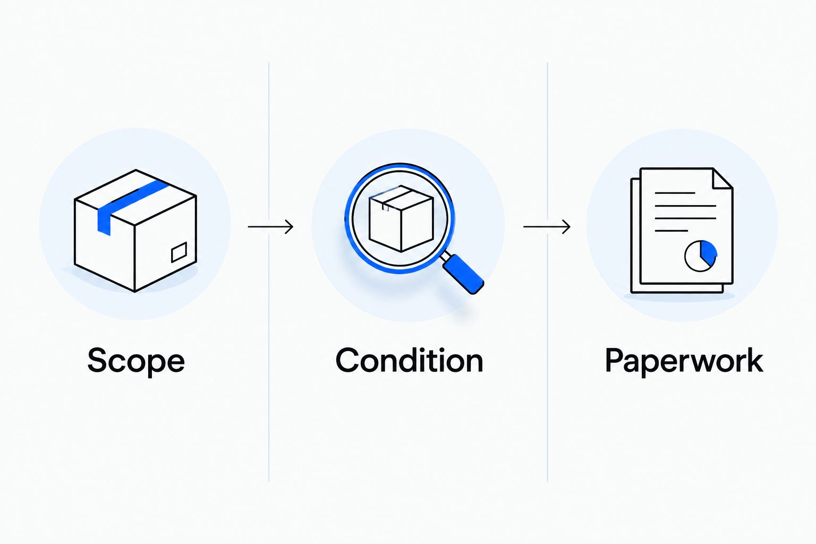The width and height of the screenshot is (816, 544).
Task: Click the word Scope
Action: tap(136, 361)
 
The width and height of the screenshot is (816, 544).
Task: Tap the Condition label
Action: tap(409, 360)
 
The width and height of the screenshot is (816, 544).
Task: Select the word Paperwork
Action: tap(684, 361)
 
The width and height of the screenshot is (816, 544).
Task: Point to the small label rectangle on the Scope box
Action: tap(179, 252)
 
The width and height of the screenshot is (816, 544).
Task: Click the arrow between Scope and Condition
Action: tap(270, 227)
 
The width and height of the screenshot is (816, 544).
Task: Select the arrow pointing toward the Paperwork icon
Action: tap(547, 227)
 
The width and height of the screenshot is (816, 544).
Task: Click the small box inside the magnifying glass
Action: tap(401, 218)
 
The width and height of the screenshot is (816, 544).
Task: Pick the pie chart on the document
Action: tap(701, 256)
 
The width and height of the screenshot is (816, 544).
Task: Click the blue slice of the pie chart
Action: tap(709, 251)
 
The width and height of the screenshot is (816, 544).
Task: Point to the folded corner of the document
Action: tap(722, 178)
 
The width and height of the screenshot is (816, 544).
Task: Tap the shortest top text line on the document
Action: tap(675, 193)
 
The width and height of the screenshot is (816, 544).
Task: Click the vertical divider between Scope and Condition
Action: tap(269, 272)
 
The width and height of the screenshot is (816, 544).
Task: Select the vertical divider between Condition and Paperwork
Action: tap(547, 272)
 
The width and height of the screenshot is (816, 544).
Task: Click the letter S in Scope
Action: tap(98, 360)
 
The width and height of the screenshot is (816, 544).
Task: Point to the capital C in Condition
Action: tap(347, 360)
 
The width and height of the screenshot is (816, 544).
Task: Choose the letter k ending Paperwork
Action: tap(753, 360)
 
